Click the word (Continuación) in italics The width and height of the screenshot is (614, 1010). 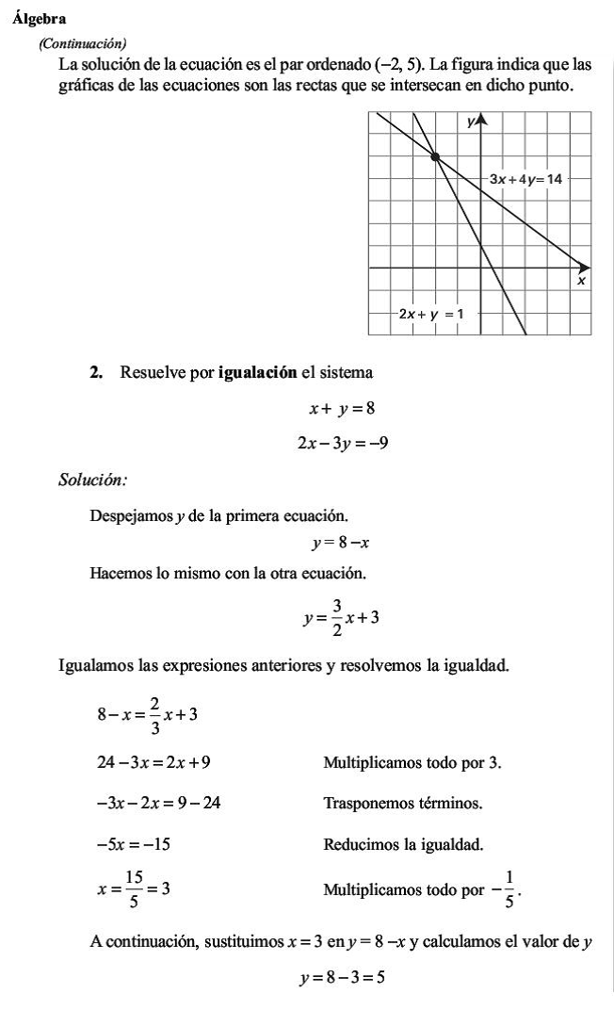[x=82, y=43]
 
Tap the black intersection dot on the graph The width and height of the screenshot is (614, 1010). [x=435, y=156]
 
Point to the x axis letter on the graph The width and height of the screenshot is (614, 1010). [x=581, y=281]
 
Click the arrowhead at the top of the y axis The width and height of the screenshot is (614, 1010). [x=480, y=119]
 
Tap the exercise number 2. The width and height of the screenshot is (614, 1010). [x=95, y=372]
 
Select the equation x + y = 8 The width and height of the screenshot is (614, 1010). [x=343, y=409]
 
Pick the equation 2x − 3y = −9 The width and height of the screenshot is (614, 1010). [x=343, y=442]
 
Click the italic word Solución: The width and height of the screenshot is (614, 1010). [x=92, y=481]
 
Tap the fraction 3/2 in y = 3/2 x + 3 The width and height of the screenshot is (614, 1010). [x=336, y=618]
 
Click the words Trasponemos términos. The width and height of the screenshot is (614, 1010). [x=403, y=804]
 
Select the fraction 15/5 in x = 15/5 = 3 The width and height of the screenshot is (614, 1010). [x=134, y=888]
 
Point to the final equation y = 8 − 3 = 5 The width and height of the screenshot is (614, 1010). [x=342, y=978]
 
